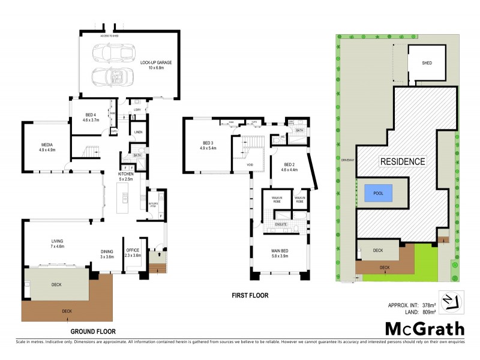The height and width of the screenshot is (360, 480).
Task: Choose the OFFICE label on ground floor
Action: (132, 252)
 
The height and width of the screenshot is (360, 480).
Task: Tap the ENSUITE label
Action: (281, 224)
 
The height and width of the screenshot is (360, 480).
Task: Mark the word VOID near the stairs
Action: (251, 164)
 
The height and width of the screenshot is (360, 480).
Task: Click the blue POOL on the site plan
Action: (378, 193)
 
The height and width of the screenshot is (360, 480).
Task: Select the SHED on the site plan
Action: (427, 63)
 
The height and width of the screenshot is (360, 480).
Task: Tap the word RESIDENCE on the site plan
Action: (403, 161)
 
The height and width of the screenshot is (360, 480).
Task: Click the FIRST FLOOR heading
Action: (250, 296)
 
